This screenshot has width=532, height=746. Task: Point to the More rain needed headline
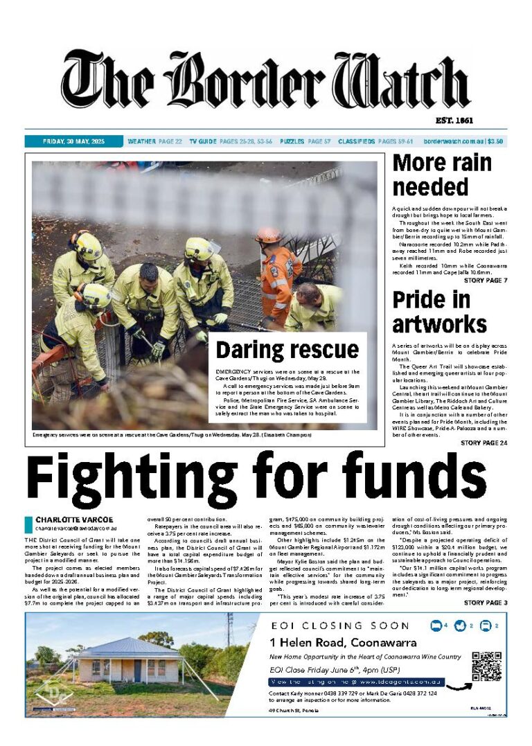(x=442, y=175)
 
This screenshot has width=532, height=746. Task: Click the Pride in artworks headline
(x=439, y=312)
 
